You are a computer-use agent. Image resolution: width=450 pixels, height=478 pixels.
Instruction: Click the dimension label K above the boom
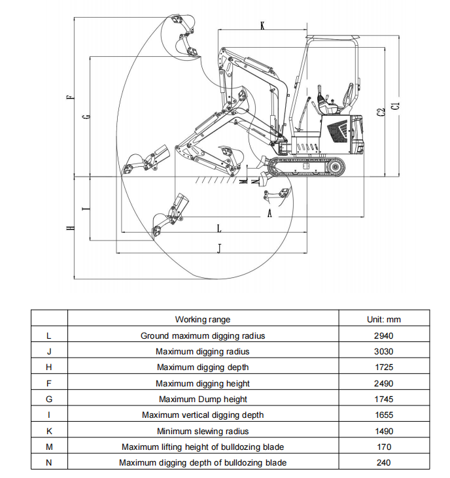pos(262,26)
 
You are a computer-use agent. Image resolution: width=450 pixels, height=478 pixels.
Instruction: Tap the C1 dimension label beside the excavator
pos(396,106)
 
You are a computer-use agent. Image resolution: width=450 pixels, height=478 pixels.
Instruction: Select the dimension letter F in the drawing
pos(71,97)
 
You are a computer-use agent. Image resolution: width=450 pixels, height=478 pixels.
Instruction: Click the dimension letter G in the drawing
pos(87,116)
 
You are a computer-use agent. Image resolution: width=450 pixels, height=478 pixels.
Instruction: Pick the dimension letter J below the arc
pos(219,248)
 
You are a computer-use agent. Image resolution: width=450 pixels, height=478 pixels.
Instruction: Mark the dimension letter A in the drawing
pos(269,213)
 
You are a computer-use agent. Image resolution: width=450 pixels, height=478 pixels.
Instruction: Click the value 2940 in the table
pos(383,335)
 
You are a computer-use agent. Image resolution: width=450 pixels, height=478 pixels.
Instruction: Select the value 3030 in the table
pos(383,352)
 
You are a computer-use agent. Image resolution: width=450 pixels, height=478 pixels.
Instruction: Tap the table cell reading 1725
pos(383,367)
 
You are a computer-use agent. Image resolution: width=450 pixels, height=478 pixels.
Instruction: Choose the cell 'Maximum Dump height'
pos(203,399)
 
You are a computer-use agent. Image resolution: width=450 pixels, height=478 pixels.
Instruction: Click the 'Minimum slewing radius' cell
pos(203,431)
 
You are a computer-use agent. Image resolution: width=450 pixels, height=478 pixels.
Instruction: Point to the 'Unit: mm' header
pos(383,320)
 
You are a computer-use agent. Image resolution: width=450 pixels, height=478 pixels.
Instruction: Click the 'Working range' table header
pos(203,320)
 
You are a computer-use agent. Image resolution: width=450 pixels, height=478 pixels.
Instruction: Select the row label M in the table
pos(49,447)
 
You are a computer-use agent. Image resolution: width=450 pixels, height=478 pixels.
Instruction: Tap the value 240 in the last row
pos(383,463)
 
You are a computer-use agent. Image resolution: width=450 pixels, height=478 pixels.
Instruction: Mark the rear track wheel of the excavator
pos(336,167)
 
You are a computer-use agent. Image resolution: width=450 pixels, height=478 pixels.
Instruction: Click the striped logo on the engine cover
pos(338,131)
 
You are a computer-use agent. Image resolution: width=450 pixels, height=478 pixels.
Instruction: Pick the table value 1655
pos(383,415)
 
